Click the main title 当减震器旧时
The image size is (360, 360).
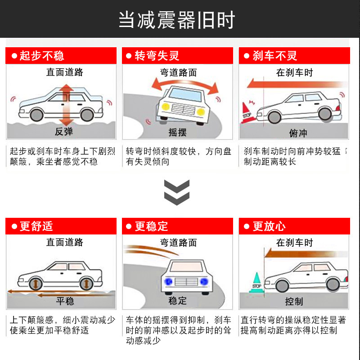click(x=176, y=20)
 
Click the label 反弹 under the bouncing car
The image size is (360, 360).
click(x=64, y=131)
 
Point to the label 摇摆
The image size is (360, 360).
click(x=177, y=132)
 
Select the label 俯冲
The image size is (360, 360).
click(x=298, y=133)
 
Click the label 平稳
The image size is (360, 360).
click(x=65, y=301)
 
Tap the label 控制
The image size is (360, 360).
click(x=294, y=301)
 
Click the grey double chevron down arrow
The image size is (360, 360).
click(x=177, y=193)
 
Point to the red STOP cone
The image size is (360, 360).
click(x=247, y=113)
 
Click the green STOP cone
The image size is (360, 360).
click(x=256, y=283)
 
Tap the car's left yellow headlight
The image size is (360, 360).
click(x=166, y=107)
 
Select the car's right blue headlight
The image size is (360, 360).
click(x=204, y=282)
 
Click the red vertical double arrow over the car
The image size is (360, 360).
click(x=66, y=105)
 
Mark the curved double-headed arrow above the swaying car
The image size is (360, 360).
click(x=185, y=85)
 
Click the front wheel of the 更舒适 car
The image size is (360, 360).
click(x=36, y=284)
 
